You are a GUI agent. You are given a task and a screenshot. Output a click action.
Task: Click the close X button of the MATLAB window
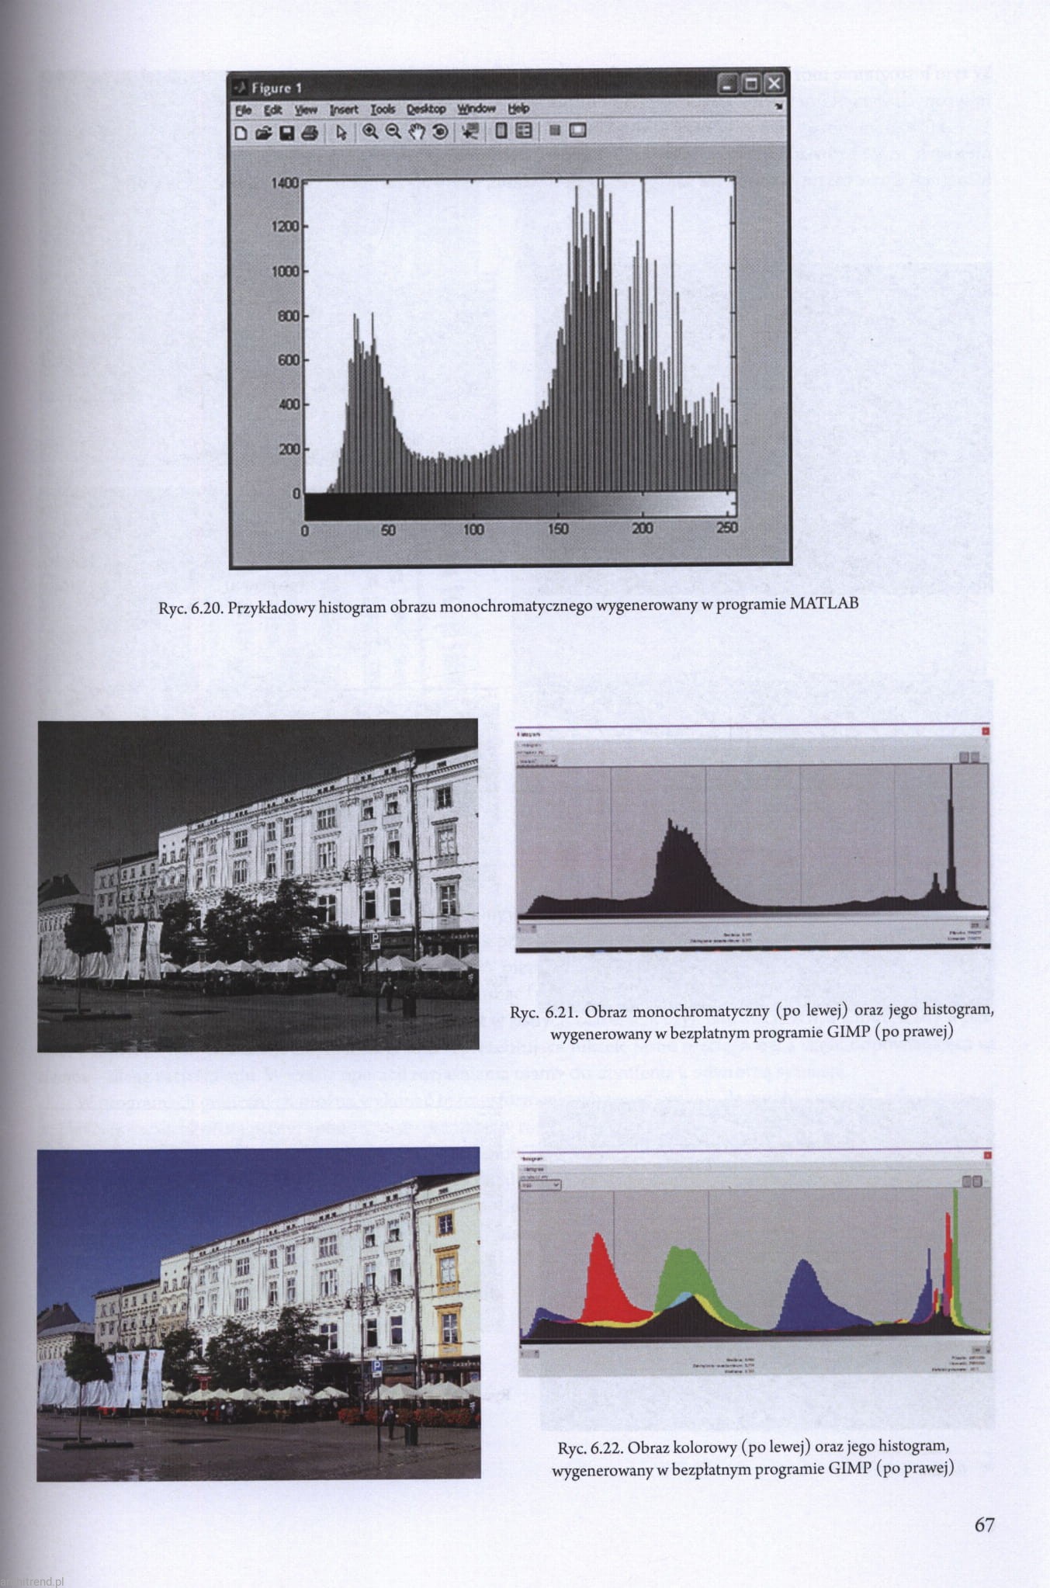coord(774,84)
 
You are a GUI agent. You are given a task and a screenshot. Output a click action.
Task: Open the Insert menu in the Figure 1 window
coord(344,109)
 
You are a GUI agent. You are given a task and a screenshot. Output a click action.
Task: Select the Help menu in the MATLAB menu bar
coord(518,109)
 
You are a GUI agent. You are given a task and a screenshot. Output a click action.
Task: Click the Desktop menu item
coord(426,109)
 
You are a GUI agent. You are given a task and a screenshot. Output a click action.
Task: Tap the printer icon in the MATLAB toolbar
coord(310,133)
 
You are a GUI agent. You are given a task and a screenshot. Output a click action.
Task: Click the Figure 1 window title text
coord(276,88)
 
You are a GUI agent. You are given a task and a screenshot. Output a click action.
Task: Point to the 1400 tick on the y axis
coord(285,183)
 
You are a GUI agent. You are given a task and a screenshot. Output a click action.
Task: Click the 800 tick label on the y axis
coord(288,316)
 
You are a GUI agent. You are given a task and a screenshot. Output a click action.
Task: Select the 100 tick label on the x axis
coord(473,529)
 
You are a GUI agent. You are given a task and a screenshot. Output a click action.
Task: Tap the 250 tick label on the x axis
coord(727,528)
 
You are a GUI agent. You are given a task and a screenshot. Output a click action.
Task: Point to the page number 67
coord(984,1524)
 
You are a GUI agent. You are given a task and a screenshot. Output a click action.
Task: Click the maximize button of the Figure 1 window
coord(750,84)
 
